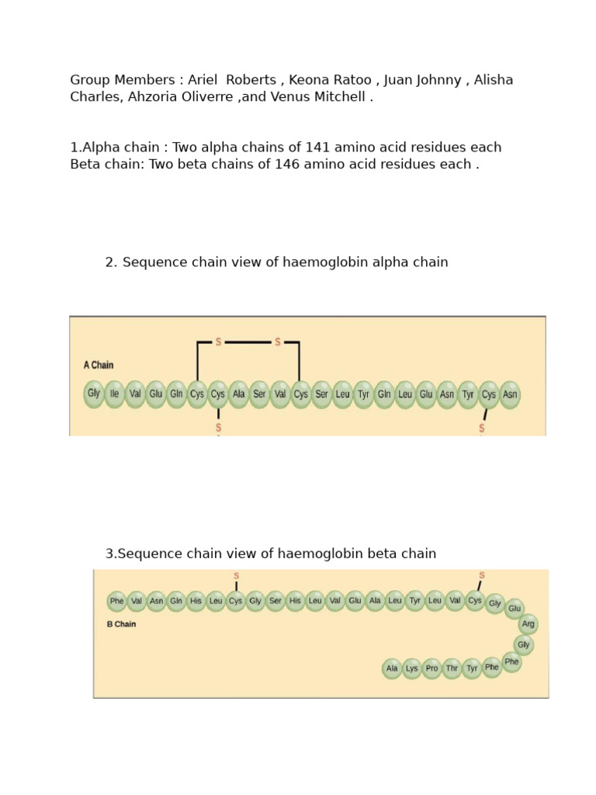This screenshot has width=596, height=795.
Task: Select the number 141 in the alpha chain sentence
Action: [320, 148]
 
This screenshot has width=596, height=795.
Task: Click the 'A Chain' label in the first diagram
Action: [99, 365]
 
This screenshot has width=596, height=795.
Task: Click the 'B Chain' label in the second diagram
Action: [121, 624]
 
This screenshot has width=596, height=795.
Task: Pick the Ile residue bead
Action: [115, 394]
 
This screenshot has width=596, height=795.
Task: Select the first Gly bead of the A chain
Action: [94, 394]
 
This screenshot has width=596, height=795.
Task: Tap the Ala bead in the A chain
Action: [239, 394]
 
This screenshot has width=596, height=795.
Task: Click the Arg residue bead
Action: [528, 624]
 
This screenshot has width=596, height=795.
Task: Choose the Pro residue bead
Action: [432, 668]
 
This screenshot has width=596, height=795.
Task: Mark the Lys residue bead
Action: [412, 668]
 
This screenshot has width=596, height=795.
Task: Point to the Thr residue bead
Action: [452, 668]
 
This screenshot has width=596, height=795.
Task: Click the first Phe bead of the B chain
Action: [117, 601]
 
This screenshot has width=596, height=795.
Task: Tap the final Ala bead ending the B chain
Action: [392, 668]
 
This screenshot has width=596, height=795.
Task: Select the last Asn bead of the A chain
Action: [510, 394]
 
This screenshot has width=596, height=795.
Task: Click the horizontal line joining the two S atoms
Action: [248, 342]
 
